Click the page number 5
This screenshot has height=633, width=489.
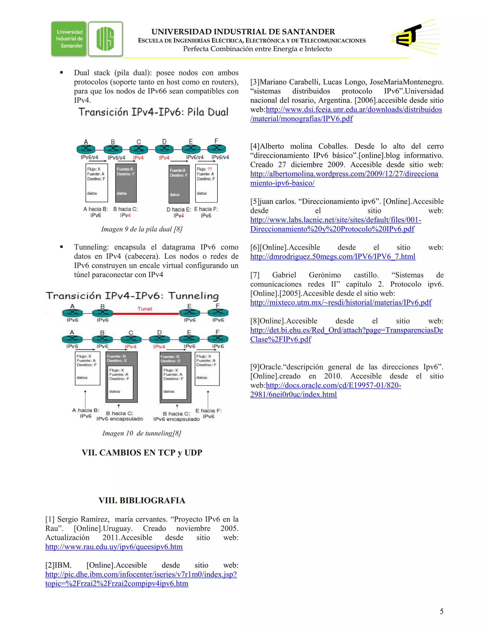pyautogui.click(x=441, y=611)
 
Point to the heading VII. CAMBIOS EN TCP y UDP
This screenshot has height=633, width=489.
pyautogui.click(x=142, y=452)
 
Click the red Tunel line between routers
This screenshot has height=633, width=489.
pyautogui.click(x=146, y=313)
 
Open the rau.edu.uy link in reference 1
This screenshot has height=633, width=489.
pyautogui.click(x=114, y=547)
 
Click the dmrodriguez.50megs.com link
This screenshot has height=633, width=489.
pyautogui.click(x=333, y=257)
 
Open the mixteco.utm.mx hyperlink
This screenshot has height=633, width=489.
pyautogui.click(x=341, y=303)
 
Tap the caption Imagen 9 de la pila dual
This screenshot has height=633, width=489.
pyautogui.click(x=142, y=229)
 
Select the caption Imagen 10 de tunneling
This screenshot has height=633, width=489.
pyautogui.click(x=142, y=433)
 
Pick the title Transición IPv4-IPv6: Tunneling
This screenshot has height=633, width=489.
pyautogui.click(x=132, y=296)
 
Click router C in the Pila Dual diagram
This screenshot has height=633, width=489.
pyautogui.click(x=138, y=149)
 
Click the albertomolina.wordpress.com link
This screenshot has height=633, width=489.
pyautogui.click(x=344, y=178)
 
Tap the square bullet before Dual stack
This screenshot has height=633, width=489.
pyautogui.click(x=61, y=72)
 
